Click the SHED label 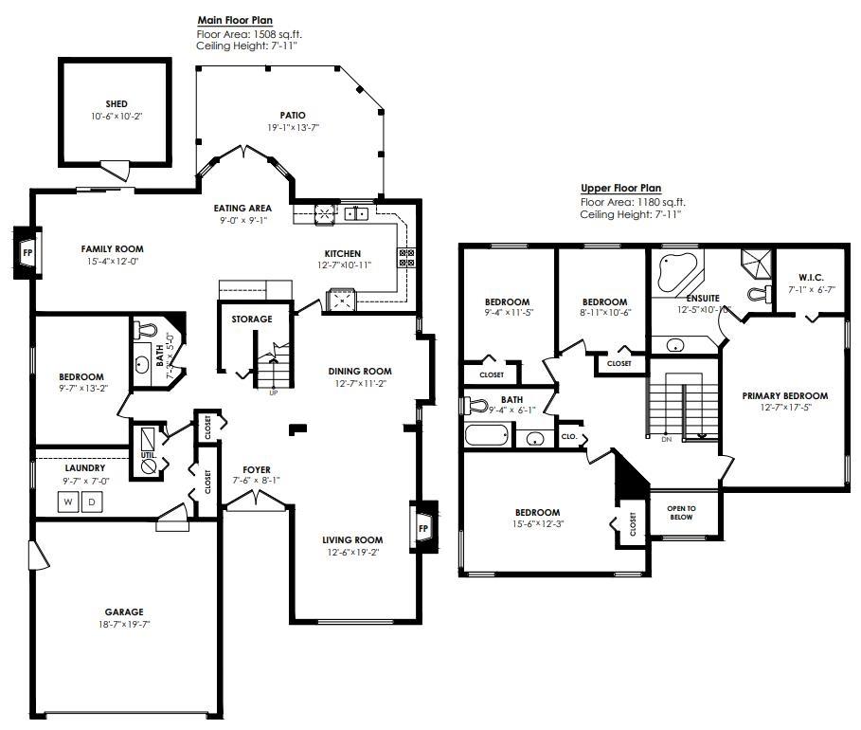point(117,104)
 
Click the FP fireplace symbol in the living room point(423,527)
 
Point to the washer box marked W point(68,502)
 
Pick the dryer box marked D point(91,502)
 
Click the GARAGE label point(124,611)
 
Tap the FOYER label point(256,469)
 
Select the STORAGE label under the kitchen point(251,319)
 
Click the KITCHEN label point(342,253)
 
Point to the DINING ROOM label point(360,371)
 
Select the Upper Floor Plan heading point(620,189)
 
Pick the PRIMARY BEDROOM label point(784,396)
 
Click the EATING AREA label point(242,208)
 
